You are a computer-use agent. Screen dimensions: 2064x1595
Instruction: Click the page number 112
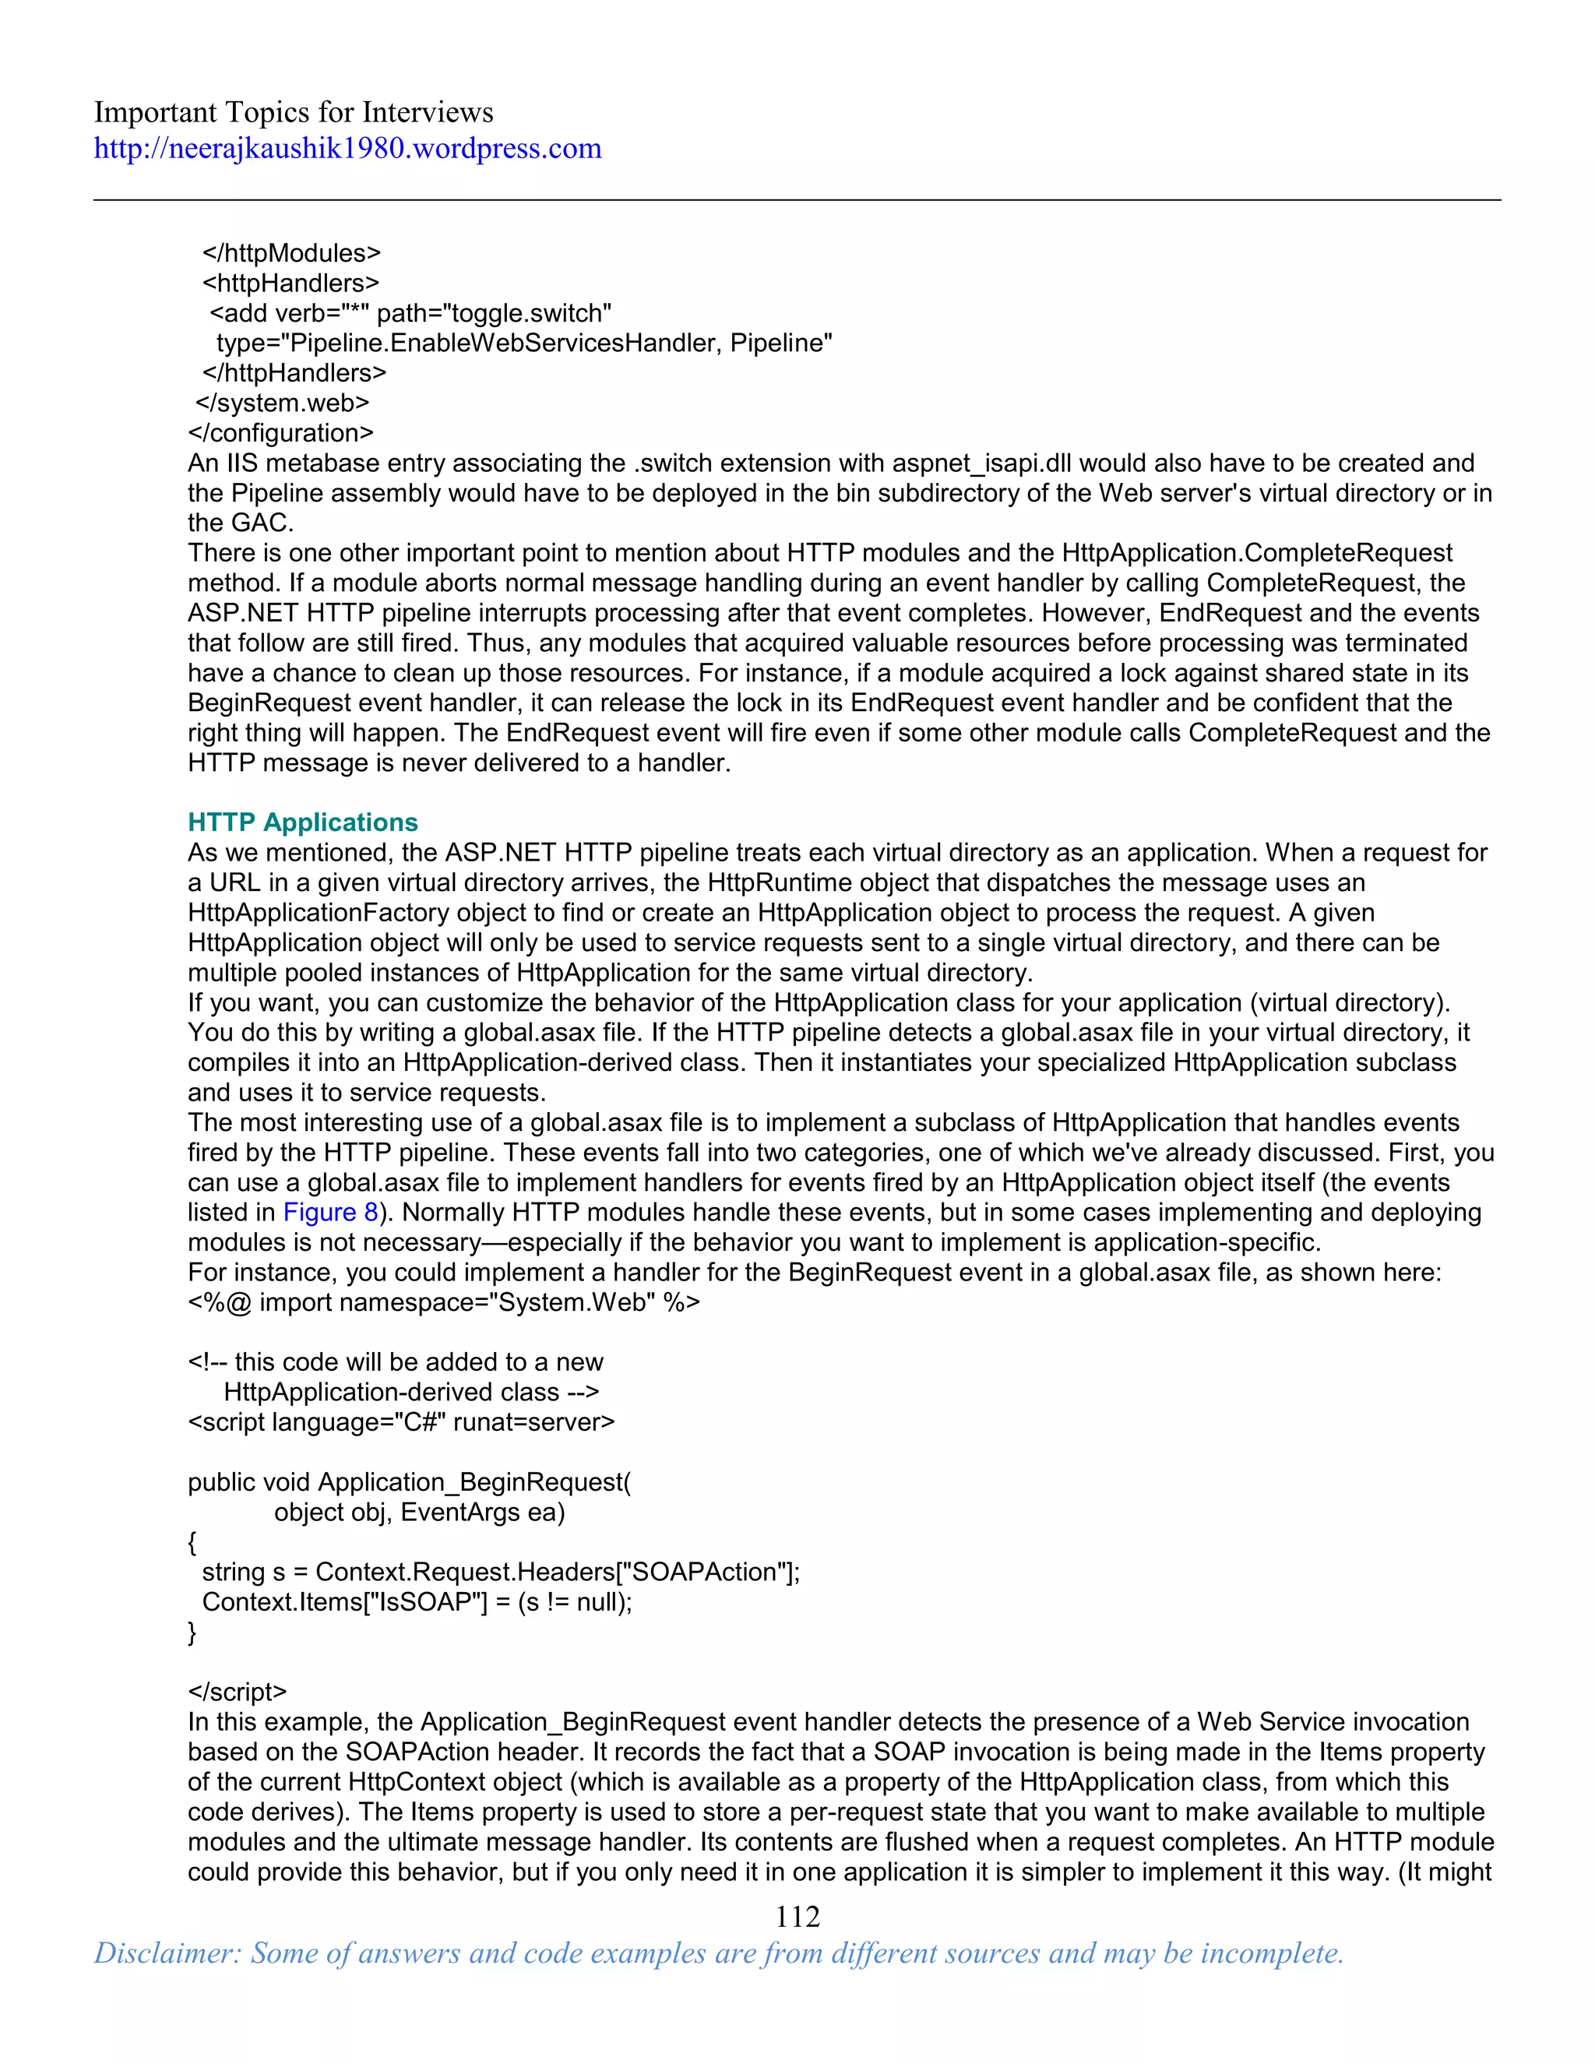tap(797, 1917)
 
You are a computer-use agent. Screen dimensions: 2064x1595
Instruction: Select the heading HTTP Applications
tap(302, 822)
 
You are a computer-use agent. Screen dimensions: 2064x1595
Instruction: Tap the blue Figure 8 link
tap(329, 1213)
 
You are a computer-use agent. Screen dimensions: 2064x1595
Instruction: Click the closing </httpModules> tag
tap(291, 253)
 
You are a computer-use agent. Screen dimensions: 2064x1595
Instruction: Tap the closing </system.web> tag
tap(282, 403)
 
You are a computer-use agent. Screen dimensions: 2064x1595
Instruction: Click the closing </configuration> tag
tap(280, 434)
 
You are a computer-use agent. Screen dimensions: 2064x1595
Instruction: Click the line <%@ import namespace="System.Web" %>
tap(443, 1302)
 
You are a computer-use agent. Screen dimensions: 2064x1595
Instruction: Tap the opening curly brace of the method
tap(193, 1543)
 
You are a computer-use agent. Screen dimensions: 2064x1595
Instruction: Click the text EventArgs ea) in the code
tap(482, 1513)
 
